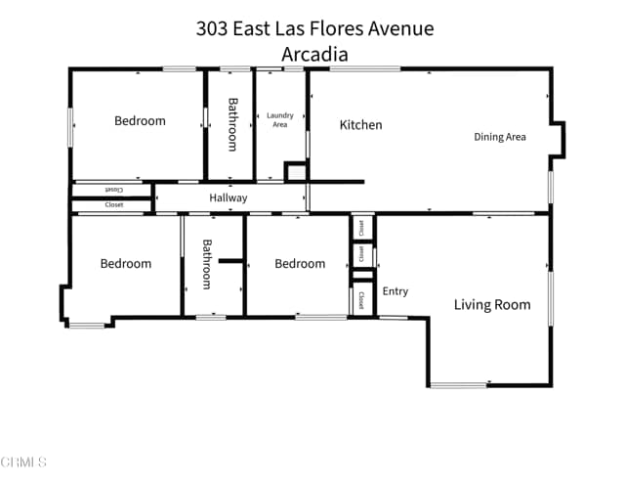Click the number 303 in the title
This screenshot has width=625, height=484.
tap(212, 28)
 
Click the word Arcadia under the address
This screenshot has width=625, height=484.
tap(314, 55)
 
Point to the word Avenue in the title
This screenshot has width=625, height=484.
tap(401, 28)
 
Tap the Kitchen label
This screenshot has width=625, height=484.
tap(360, 125)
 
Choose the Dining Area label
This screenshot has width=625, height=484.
tap(500, 137)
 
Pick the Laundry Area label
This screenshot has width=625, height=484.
tap(280, 120)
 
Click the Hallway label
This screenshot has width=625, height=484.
tap(229, 198)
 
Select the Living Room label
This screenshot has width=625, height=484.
tap(492, 305)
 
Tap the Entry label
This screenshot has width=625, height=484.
tap(396, 291)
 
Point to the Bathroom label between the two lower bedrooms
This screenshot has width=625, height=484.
tap(207, 264)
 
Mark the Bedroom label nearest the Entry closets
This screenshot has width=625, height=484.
tap(300, 264)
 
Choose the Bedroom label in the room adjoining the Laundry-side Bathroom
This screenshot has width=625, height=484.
tap(140, 121)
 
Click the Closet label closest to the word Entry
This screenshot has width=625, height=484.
tap(362, 299)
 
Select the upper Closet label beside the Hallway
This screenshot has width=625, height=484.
tap(113, 190)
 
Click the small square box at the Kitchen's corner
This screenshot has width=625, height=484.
tap(296, 172)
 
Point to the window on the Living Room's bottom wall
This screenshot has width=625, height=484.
tap(458, 385)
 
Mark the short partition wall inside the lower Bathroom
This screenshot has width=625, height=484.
tap(230, 261)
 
